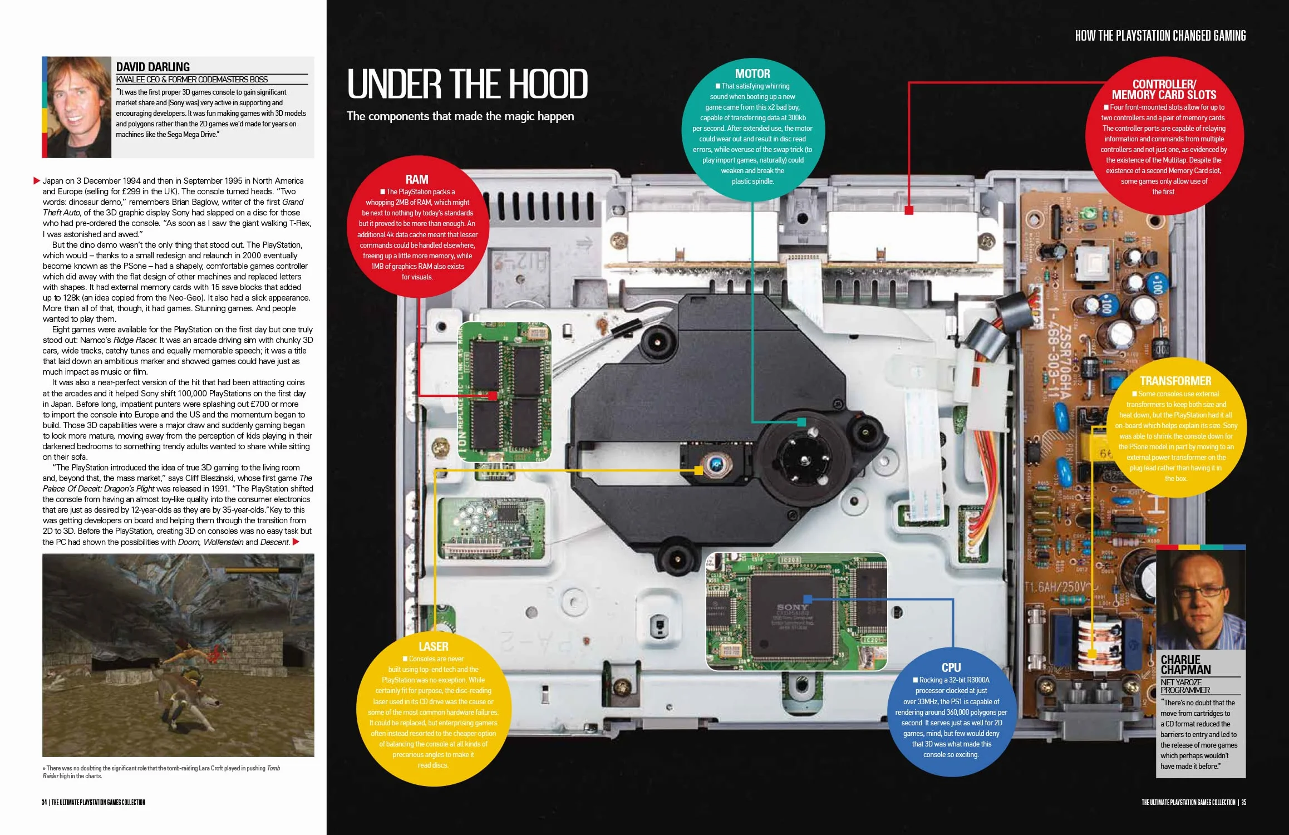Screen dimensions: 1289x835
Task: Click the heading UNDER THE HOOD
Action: coord(468,84)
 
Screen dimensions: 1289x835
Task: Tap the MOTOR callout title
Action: coord(752,73)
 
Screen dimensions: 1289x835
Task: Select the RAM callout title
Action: coord(417,179)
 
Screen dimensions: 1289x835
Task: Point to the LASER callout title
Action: coord(434,646)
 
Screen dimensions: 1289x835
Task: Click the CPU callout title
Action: coord(951,667)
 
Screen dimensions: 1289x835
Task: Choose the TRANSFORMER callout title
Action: coord(1175,381)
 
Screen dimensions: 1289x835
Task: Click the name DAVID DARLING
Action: coord(153,67)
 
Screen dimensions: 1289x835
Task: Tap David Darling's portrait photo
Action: coord(79,107)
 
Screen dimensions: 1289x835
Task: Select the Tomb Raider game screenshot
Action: coord(178,655)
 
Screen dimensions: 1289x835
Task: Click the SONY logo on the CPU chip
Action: coord(793,607)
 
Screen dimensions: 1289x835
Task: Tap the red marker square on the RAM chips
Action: coord(492,396)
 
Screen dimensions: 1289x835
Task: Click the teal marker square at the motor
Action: coord(801,422)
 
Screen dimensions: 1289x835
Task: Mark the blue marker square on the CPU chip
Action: coord(808,599)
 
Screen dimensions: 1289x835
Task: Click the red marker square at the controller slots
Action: coord(909,210)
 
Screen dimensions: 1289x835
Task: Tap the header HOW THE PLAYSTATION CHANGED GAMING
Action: coord(1160,36)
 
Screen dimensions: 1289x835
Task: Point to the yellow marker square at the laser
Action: coord(698,470)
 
